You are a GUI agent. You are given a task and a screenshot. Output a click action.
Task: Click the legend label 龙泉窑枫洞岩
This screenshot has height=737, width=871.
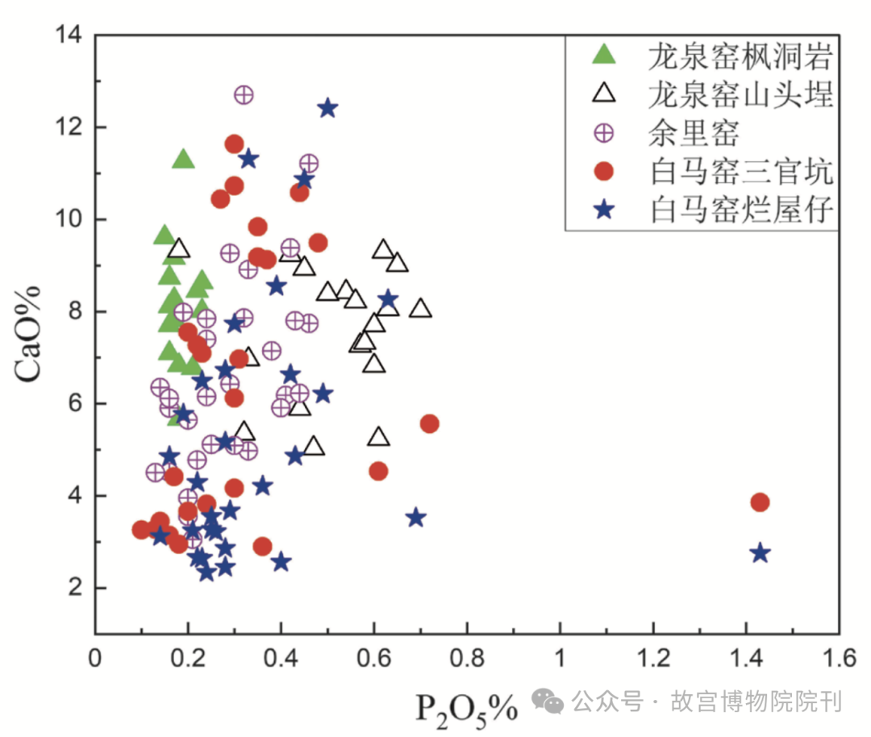[x=740, y=56]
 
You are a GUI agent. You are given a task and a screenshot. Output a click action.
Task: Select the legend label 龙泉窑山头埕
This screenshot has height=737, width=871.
[x=740, y=94]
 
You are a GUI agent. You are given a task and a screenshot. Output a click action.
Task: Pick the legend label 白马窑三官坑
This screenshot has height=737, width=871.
[x=740, y=171]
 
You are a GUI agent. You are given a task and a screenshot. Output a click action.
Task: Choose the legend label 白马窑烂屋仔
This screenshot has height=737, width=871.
[x=740, y=210]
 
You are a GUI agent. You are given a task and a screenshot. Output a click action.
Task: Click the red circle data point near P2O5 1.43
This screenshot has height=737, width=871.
[x=759, y=502]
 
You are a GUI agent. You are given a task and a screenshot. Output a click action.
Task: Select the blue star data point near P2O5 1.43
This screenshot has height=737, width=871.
[x=760, y=553]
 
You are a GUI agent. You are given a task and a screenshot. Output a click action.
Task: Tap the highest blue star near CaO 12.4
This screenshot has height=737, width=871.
[x=327, y=108]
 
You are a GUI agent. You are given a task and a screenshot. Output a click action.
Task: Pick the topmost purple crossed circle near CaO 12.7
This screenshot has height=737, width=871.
[x=244, y=95]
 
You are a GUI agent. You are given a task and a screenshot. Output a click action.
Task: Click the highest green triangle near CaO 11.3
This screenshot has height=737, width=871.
[x=184, y=159]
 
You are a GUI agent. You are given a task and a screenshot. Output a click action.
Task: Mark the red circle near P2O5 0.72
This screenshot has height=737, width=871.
[x=430, y=423]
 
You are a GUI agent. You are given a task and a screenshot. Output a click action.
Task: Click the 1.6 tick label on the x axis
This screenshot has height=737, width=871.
[x=837, y=659]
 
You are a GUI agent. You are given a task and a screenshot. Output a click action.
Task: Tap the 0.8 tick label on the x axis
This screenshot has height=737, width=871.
[x=466, y=659]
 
